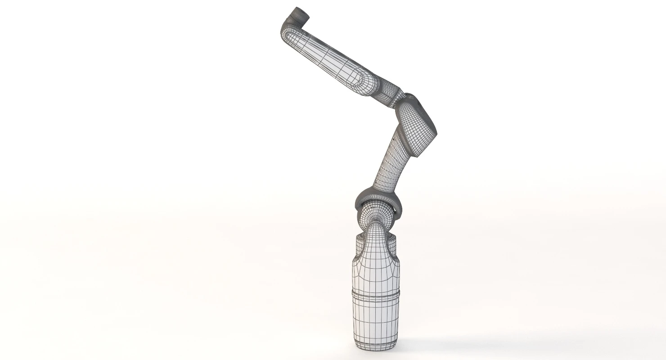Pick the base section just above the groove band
click(376, 279)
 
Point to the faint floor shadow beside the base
click(432, 342)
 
